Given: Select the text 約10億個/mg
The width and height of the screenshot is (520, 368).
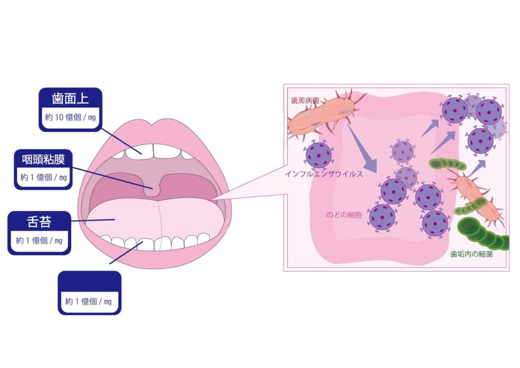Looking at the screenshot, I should pyautogui.click(x=71, y=117).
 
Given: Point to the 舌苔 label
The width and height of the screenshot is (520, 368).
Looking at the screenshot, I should pyautogui.click(x=39, y=222).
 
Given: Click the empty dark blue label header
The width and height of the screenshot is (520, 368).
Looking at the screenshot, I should pyautogui.click(x=89, y=281).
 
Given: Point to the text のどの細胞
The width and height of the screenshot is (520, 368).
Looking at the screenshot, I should pyautogui.click(x=344, y=215).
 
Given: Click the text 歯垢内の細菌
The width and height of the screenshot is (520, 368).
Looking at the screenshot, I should pyautogui.click(x=471, y=254).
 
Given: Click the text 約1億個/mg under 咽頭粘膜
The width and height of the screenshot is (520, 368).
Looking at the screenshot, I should pyautogui.click(x=44, y=177).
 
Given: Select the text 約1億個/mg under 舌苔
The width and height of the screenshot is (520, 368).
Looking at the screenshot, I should pyautogui.click(x=39, y=240).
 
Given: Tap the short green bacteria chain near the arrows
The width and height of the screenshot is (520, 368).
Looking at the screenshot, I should pyautogui.click(x=447, y=164).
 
